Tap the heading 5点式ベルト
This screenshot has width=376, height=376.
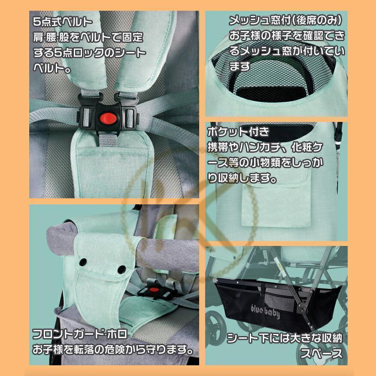(x=62, y=21)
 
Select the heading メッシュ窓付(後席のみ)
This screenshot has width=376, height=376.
(x=285, y=20)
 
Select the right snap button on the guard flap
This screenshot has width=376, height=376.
(x=122, y=270)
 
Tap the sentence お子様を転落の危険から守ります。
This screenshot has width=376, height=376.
(x=112, y=349)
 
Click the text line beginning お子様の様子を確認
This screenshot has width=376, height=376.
(x=286, y=36)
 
